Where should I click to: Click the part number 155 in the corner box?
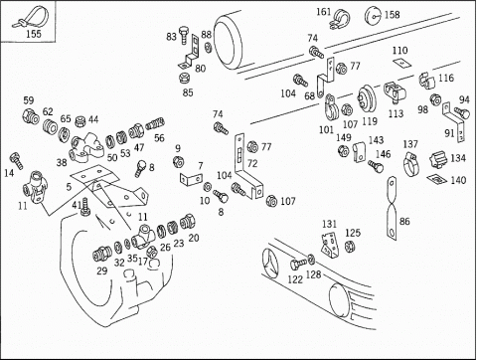34,34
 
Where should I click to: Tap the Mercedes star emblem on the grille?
270,262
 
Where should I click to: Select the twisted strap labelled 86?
392,208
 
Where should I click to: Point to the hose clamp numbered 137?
411,163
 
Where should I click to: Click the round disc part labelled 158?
373,16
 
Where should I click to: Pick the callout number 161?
324,12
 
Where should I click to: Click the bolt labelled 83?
184,35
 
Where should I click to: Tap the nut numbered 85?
184,79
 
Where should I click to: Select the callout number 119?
370,121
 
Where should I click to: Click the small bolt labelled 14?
16,160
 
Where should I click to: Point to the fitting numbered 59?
31,116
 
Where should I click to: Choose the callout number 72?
252,163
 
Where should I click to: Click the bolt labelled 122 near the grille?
298,264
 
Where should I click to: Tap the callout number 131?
329,224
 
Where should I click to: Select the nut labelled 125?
349,246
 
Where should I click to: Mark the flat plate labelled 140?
437,179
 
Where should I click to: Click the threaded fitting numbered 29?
101,255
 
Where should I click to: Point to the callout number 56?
159,138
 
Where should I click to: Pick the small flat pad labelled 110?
401,63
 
